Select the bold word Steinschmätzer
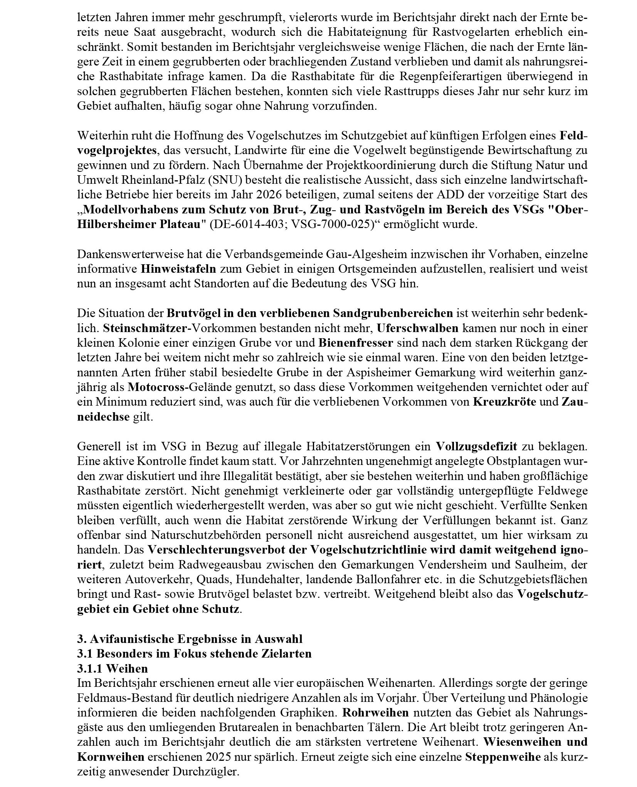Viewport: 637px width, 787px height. tap(147, 328)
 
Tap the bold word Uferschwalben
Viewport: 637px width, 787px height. tap(417, 328)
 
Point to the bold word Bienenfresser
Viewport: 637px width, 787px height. tap(355, 343)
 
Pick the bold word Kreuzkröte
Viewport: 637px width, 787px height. tap(504, 401)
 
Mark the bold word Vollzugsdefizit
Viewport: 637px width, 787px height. tap(476, 446)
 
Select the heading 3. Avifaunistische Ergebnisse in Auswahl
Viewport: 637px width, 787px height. tap(190, 638)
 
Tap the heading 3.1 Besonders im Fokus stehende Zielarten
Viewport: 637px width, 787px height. tap(194, 653)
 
